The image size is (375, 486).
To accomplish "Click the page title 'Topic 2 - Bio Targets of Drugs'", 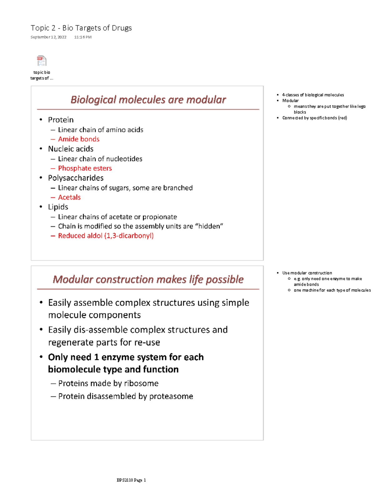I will point(81,28).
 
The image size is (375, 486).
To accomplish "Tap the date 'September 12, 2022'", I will point(48,37).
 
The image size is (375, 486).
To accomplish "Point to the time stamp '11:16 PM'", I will point(83,37).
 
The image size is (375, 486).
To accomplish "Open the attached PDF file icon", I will point(42,61).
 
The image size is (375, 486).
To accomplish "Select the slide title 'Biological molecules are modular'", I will point(148,100).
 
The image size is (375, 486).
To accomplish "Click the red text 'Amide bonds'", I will point(79,139).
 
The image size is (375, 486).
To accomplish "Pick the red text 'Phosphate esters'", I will point(85,168).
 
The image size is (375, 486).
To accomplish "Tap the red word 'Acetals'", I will point(69,197).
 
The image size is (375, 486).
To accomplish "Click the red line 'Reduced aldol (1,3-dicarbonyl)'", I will point(106,236).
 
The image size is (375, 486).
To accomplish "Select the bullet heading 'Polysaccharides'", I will point(76,178).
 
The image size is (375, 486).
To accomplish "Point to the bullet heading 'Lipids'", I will point(58,207).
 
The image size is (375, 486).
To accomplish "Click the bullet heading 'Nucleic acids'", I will point(71,149).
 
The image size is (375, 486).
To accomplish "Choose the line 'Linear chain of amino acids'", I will point(101,130).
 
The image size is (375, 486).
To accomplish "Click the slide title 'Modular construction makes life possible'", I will point(148,279).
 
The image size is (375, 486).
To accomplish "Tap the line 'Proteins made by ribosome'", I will point(108,384).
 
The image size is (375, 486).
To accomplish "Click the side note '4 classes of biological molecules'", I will point(313,95).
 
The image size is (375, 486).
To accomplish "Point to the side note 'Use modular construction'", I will point(307,273).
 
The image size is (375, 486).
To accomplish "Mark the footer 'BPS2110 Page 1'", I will point(131,480).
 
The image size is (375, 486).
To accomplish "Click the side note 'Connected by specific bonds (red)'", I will point(314,118).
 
